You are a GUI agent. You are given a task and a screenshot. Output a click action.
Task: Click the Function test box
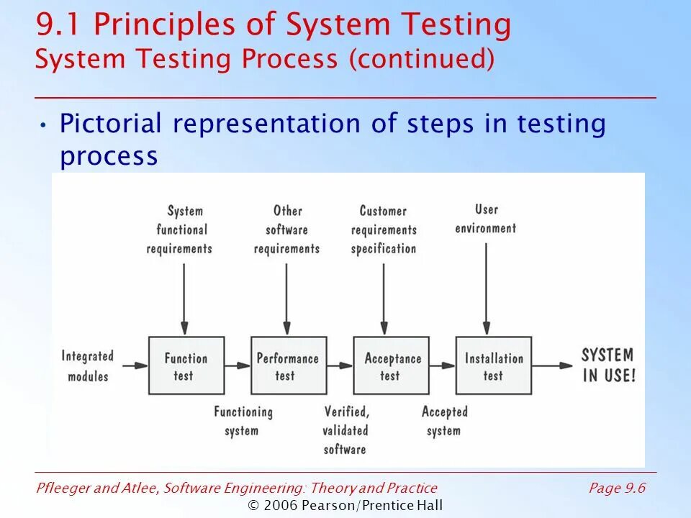[x=185, y=365]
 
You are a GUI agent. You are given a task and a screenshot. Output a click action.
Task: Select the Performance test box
[x=288, y=365]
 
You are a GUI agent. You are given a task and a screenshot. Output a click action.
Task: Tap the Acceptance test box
[x=391, y=365]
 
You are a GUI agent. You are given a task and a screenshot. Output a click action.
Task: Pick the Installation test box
[x=494, y=365]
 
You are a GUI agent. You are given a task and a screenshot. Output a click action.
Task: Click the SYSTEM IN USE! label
[x=608, y=365]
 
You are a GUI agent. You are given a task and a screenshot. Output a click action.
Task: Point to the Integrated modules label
[x=88, y=365]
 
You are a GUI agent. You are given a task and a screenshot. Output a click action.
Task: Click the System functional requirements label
[x=179, y=230]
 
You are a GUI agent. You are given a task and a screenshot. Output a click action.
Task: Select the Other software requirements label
[x=286, y=230]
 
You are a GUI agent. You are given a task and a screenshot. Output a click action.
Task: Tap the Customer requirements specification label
[x=384, y=230]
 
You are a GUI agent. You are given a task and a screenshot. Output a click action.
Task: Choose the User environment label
[x=486, y=219]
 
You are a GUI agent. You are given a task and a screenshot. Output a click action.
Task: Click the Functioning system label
[x=243, y=421]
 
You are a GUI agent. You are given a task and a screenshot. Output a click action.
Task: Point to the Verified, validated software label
[x=345, y=430]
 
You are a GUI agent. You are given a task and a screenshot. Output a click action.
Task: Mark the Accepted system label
[x=444, y=421]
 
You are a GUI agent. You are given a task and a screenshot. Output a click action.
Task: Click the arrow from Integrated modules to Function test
[x=135, y=365]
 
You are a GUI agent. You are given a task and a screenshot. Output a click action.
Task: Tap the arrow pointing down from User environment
[x=487, y=288]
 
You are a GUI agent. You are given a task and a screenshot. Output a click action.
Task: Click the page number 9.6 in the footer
[x=634, y=489]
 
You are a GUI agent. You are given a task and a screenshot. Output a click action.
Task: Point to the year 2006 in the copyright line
[x=280, y=505]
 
